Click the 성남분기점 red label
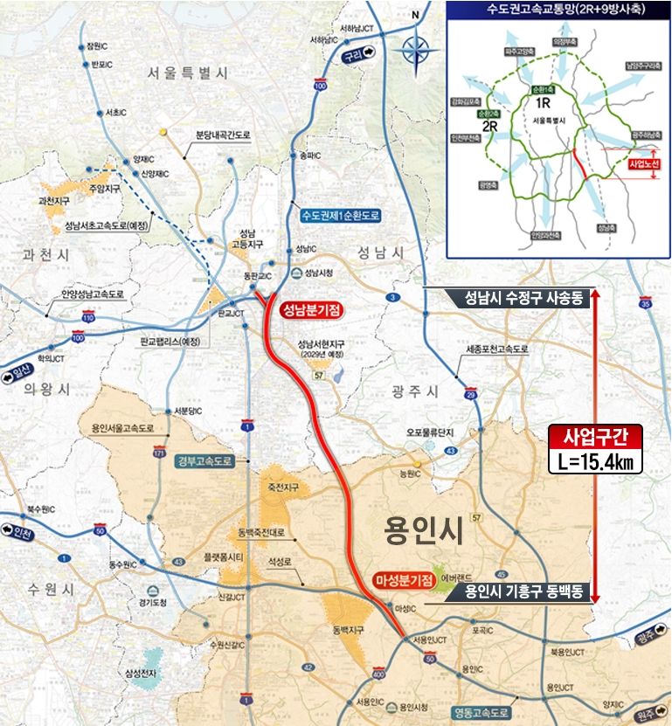310,309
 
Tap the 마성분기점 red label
404,580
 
